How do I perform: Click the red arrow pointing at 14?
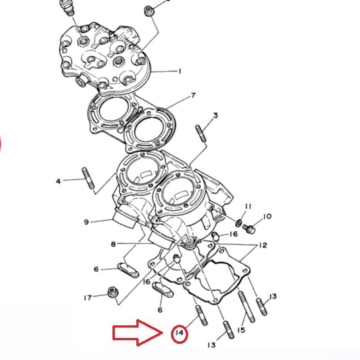tap(138, 333)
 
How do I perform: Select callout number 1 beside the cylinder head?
tap(180, 71)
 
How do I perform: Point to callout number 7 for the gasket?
tap(193, 95)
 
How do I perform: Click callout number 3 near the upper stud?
tap(216, 115)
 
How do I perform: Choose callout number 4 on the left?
tap(58, 181)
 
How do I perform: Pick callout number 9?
tap(86, 222)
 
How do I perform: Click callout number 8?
tap(113, 244)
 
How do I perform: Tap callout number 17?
tap(88, 298)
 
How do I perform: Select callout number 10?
tap(267, 216)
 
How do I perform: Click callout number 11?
tap(248, 207)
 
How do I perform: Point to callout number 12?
tap(263, 245)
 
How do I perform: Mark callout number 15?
tap(241, 330)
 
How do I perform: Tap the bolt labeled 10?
tap(249, 229)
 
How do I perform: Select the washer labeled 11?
tap(239, 222)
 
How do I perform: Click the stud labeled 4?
tap(88, 178)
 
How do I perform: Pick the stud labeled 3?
tap(201, 133)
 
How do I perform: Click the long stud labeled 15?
tap(247, 307)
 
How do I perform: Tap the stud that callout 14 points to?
tap(201, 315)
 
